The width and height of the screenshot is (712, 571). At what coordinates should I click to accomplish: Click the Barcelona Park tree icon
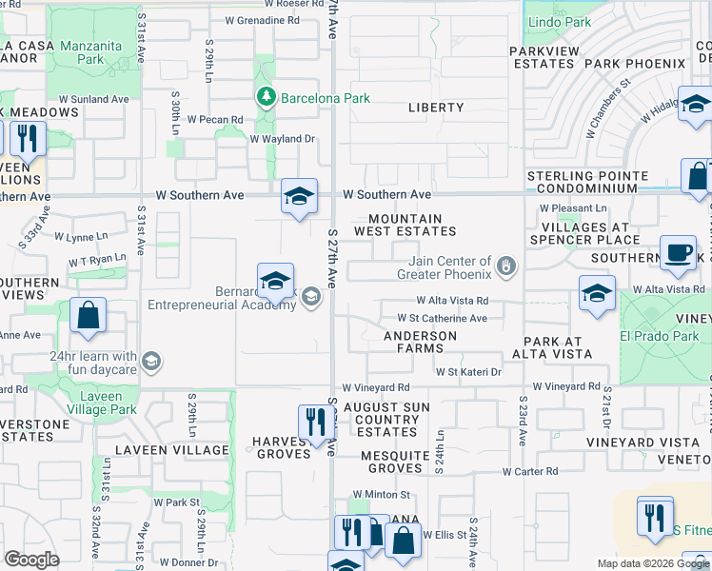266,96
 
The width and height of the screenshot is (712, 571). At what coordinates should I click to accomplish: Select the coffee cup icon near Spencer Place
677,252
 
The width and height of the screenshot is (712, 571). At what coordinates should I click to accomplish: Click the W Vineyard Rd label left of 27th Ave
376,388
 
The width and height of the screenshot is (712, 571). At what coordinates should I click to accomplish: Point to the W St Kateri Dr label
468,372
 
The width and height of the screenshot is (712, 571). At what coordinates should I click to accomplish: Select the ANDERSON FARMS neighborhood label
420,343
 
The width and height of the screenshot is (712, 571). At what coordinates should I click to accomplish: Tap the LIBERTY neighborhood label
436,108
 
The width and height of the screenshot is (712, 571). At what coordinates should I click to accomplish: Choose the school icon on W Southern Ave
299,197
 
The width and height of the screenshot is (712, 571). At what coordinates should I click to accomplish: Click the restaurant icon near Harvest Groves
314,422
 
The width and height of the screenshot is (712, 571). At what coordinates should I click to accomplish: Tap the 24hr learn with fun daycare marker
151,361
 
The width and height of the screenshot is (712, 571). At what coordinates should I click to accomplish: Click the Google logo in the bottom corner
31,560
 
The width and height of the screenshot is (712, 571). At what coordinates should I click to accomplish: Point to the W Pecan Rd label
215,120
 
